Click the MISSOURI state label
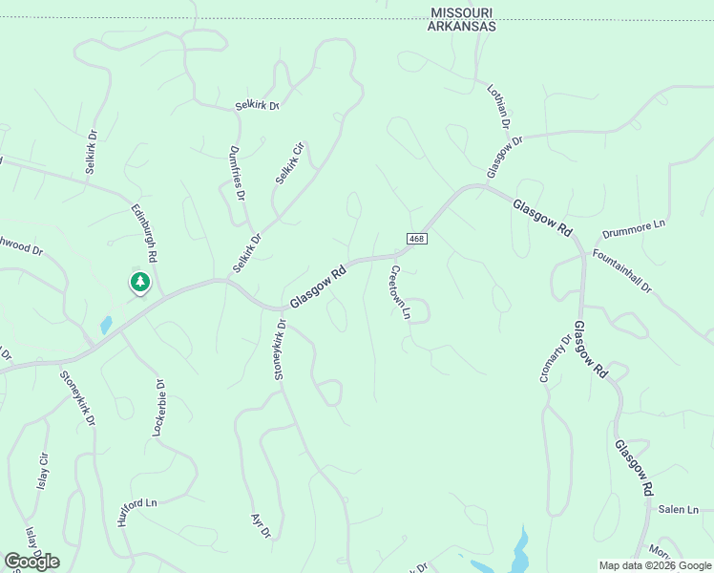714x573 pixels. tap(463, 12)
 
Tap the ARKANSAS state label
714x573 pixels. tap(463, 27)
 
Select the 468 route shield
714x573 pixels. tap(416, 238)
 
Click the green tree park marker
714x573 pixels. tap(140, 283)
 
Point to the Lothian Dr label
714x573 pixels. tap(499, 106)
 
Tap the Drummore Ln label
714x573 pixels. tap(634, 230)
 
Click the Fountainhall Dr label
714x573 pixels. tap(621, 270)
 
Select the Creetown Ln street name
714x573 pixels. tap(399, 292)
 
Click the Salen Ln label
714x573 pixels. tap(679, 510)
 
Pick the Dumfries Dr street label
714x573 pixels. tap(238, 172)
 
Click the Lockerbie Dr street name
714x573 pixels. tap(159, 409)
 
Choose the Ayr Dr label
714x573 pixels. tap(261, 524)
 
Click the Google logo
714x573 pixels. tap(31, 561)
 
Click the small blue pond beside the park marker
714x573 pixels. tap(106, 325)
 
